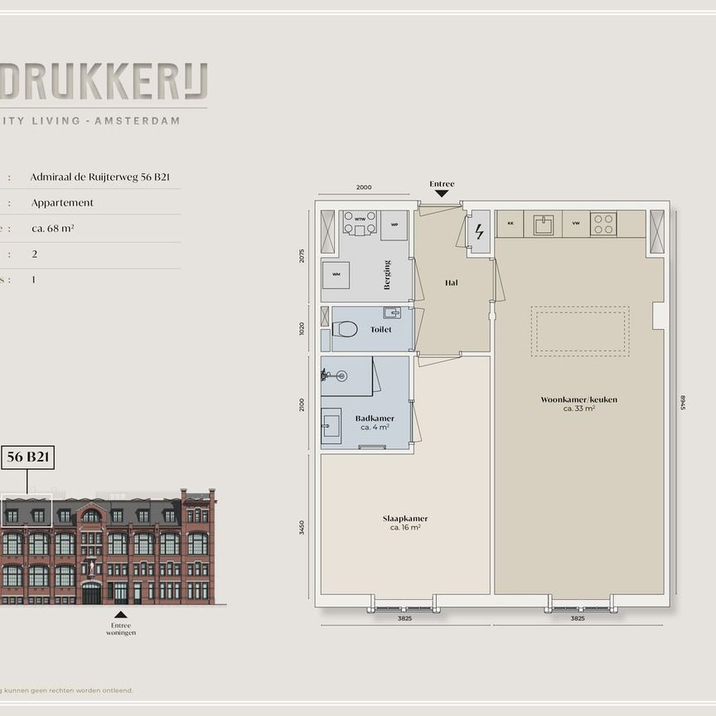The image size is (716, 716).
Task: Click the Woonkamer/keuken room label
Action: click(x=578, y=399)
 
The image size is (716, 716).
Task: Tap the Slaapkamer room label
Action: click(x=405, y=519)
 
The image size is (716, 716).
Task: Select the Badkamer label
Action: click(x=375, y=418)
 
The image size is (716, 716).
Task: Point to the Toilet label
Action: click(x=380, y=329)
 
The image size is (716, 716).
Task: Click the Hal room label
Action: click(x=452, y=283)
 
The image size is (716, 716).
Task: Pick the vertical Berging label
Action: click(x=387, y=275)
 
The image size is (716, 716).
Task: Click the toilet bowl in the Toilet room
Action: click(x=346, y=330)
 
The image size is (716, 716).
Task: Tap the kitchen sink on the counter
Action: click(x=543, y=225)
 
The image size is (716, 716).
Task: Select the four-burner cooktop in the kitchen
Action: click(x=602, y=224)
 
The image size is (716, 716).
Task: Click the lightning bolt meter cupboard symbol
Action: click(x=479, y=231)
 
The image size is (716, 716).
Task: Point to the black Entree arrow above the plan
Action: click(x=442, y=193)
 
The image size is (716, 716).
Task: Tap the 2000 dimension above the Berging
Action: click(x=363, y=187)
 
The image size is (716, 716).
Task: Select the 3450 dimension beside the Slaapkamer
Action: click(x=302, y=528)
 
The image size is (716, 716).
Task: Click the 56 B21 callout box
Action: click(x=28, y=457)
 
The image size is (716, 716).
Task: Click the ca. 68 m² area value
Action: click(x=53, y=228)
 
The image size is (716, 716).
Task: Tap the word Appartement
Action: click(x=62, y=202)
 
